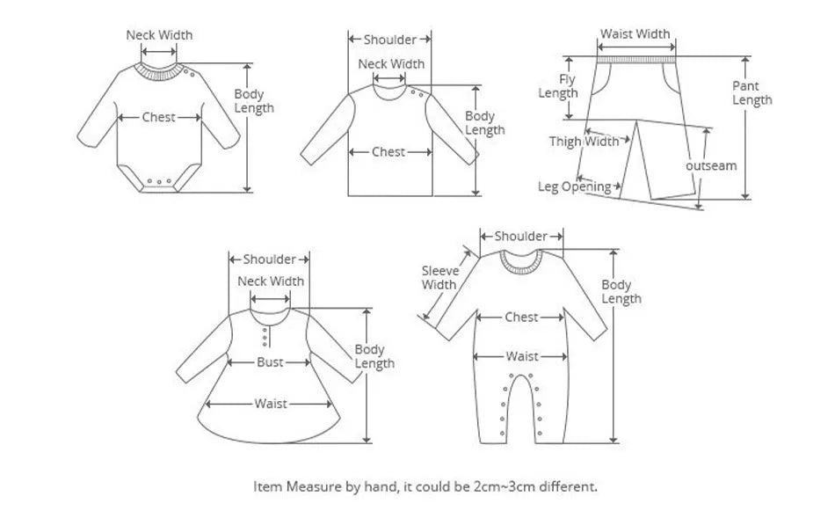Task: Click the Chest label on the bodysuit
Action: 159,117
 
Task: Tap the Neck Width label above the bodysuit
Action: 159,35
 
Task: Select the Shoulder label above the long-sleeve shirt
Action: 389,40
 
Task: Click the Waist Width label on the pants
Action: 635,34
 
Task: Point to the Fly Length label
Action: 558,86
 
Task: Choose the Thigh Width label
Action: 584,142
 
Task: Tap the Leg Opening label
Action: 575,186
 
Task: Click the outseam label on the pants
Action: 711,165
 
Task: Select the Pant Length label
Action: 751,93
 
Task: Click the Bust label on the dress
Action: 270,362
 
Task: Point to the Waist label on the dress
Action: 271,404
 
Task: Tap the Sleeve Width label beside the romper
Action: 439,278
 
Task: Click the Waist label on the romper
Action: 522,356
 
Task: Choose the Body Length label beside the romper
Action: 621,292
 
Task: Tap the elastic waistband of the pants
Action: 636,60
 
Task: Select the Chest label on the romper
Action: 521,317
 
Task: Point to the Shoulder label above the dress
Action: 270,259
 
